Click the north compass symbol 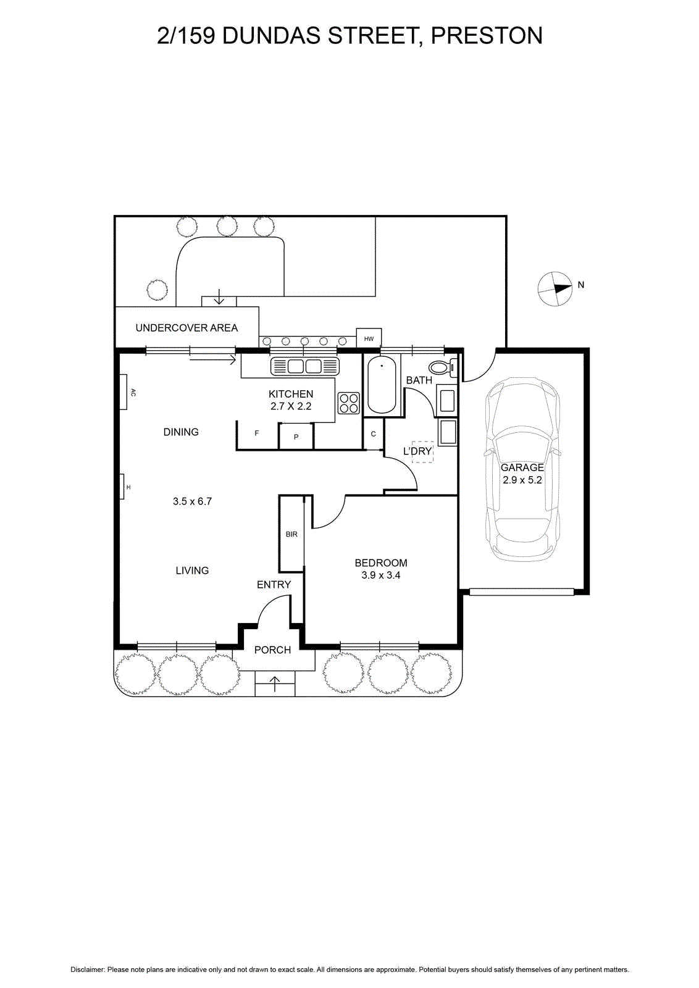[555, 288]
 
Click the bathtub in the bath [382, 385]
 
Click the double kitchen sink [304, 366]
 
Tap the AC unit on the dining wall [123, 391]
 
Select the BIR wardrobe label [291, 534]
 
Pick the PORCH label [272, 650]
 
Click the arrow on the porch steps [274, 684]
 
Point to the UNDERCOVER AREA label [186, 328]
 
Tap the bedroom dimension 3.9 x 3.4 [381, 575]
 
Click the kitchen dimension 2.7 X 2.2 [291, 406]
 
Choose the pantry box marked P [296, 437]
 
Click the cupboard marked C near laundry [374, 434]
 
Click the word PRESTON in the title [487, 36]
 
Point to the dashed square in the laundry [422, 451]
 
